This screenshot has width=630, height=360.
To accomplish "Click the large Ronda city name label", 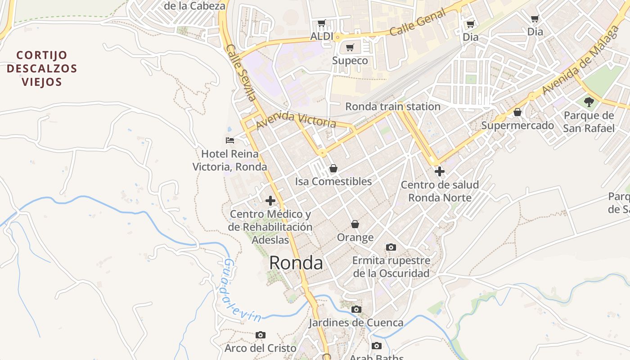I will point(296,263).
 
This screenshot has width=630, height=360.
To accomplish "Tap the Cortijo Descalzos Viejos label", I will point(41,69).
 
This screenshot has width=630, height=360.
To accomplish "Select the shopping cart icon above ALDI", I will point(321,23).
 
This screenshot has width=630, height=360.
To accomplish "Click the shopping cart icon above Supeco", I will point(350,47).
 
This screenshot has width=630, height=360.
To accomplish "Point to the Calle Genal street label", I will point(418,22).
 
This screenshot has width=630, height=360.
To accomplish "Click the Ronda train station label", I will point(392,107).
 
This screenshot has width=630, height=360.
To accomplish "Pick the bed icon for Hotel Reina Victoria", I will point(230,140).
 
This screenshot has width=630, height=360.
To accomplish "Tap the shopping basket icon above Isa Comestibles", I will point(333,168).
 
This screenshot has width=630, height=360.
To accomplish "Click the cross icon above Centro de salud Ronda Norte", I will point(439,171).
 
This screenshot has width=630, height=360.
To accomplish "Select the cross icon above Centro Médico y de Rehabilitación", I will point(270,201).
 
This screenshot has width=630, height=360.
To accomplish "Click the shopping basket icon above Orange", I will point(355,224).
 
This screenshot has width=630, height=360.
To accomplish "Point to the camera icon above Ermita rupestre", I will point(391,247).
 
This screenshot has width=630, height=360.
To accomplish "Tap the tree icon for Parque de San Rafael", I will point(589,102).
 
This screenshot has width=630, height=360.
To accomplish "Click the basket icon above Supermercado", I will point(517,112).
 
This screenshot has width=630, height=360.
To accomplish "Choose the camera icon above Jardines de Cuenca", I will point(356,309).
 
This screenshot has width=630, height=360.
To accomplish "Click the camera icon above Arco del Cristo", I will point(260,335).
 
